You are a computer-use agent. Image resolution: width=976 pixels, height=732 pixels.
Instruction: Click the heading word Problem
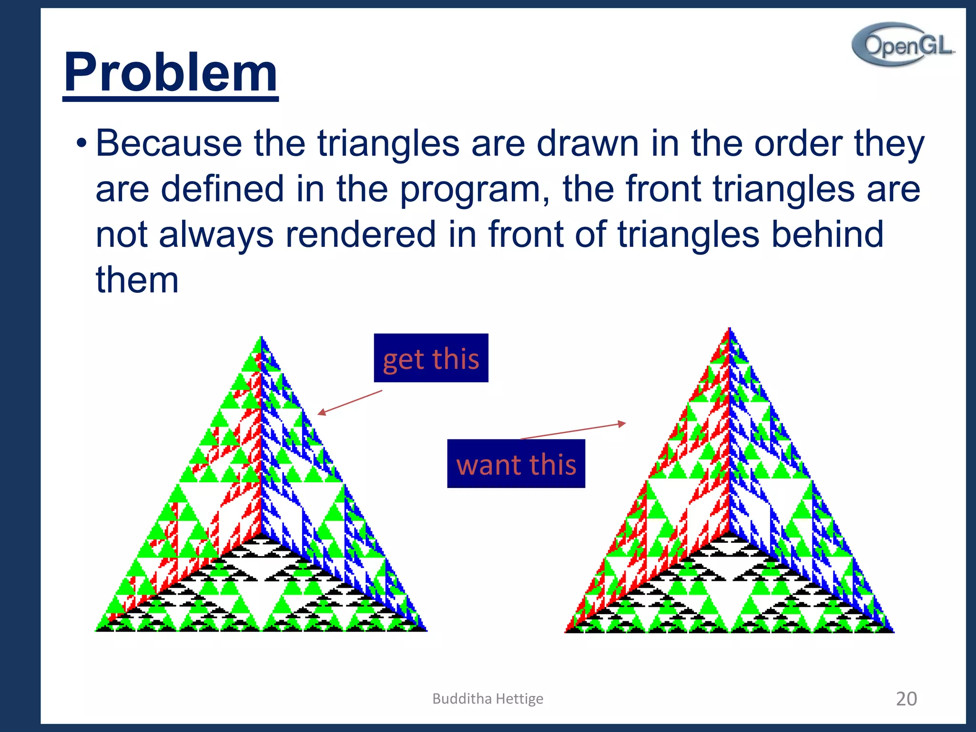pos(171,72)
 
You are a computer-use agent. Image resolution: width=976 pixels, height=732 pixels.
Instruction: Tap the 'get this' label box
pos(431,358)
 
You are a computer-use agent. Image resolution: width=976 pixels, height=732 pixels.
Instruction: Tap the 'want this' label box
pos(516,463)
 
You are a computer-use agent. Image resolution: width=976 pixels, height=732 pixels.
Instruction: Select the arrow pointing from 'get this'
pos(350,402)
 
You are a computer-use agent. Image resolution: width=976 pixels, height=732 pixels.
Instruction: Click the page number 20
pos(906,699)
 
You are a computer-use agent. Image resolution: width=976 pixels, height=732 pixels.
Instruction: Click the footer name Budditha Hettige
pos(488,699)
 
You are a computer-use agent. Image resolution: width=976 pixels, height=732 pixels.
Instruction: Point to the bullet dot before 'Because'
pos(81,143)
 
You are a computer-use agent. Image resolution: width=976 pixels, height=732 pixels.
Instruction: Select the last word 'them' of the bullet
pos(137,280)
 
